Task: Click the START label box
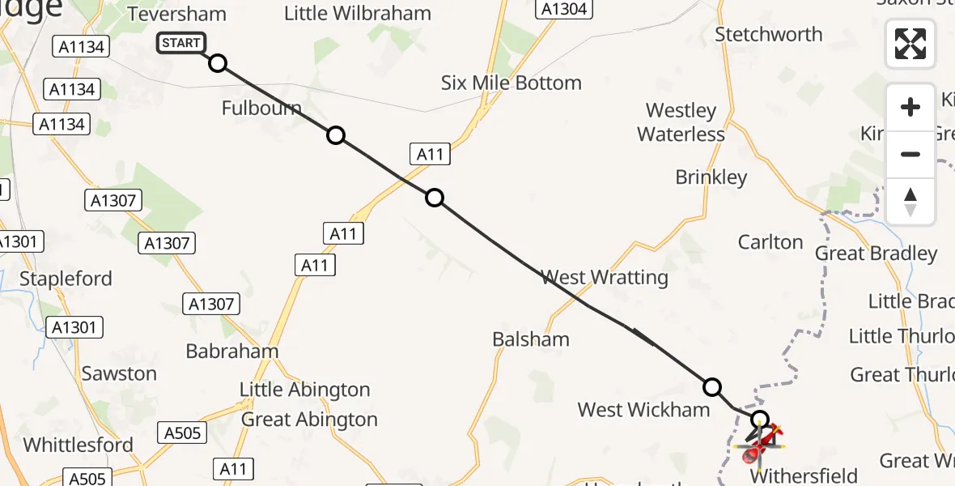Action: tap(181, 43)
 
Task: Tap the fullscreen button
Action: tap(910, 44)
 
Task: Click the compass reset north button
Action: tap(910, 202)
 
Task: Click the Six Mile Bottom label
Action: tap(511, 83)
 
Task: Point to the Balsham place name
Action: tap(531, 339)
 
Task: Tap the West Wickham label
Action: tap(643, 410)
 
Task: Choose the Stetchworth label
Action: tap(769, 34)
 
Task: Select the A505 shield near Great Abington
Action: tap(180, 433)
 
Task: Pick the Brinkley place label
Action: tap(711, 177)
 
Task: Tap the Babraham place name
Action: tap(232, 352)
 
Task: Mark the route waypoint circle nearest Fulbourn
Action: tap(336, 135)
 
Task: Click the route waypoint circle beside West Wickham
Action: tap(712, 387)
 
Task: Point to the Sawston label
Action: tap(119, 373)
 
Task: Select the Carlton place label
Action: tap(770, 242)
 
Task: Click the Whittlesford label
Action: tap(79, 445)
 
